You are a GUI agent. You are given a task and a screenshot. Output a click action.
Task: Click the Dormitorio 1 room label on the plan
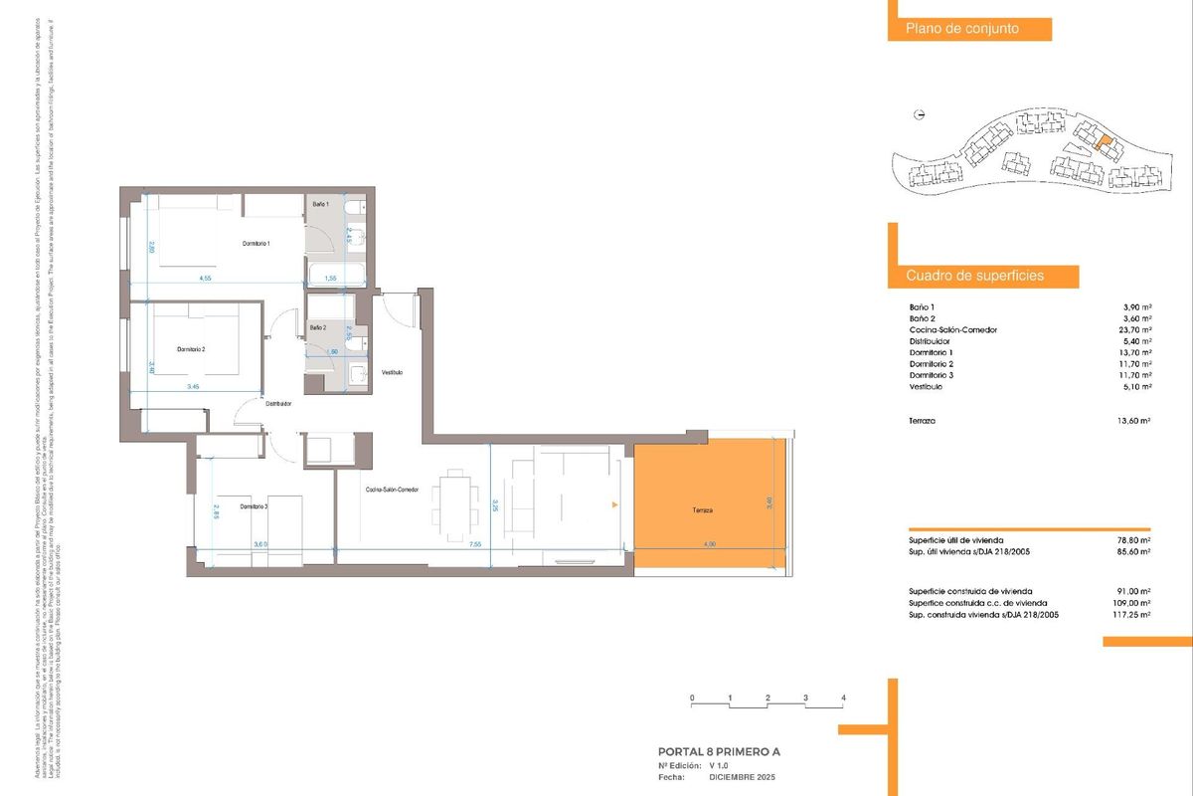click(x=256, y=244)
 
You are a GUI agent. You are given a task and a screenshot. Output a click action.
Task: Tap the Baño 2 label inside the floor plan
click(x=318, y=327)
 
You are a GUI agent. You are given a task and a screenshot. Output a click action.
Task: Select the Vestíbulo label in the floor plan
click(x=392, y=372)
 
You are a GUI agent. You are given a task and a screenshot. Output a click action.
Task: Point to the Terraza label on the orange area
click(x=704, y=510)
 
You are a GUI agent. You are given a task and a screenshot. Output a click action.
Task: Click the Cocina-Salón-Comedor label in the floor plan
click(x=392, y=490)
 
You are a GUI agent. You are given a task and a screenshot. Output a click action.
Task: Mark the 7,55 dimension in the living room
click(x=475, y=544)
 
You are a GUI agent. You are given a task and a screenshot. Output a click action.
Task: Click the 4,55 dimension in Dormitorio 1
click(x=206, y=279)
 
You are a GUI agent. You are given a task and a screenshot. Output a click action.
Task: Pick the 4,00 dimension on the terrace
click(x=709, y=544)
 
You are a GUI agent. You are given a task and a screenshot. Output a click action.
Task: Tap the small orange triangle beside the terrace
click(x=615, y=506)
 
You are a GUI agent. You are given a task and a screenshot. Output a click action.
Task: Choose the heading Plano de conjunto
click(x=961, y=29)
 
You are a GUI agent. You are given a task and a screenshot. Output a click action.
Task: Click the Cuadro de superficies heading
click(x=974, y=276)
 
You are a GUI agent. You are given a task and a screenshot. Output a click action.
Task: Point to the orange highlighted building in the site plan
click(x=1100, y=141)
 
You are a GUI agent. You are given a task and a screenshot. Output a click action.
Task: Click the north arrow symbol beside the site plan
click(x=920, y=114)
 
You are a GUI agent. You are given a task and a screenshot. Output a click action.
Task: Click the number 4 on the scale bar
click(x=843, y=697)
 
